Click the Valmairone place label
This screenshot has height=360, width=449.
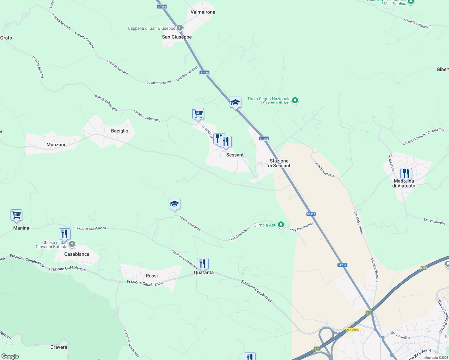(203, 12)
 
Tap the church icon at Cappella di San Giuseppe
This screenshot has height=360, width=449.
(180, 28)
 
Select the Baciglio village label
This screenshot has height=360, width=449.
(119, 131)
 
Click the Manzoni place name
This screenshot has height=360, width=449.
(56, 145)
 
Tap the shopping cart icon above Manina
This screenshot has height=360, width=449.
(16, 215)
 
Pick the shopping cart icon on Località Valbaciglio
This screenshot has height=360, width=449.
(198, 114)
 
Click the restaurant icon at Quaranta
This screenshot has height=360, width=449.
(203, 263)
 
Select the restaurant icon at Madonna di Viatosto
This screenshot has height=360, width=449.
(406, 174)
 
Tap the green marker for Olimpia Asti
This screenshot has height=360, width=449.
(281, 224)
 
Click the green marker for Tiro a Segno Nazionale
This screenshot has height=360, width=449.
(295, 100)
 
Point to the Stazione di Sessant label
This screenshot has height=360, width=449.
(279, 163)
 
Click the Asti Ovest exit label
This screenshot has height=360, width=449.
(352, 330)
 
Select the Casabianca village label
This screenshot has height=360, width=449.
(77, 254)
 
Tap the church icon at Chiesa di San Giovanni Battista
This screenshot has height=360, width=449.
(72, 244)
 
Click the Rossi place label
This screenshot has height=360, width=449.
(152, 276)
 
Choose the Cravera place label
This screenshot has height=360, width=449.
(59, 347)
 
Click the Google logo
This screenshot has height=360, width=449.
(10, 356)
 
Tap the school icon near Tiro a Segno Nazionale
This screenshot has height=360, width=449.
(235, 102)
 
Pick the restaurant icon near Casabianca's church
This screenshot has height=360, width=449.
(65, 234)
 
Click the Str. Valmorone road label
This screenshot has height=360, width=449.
(434, 221)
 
